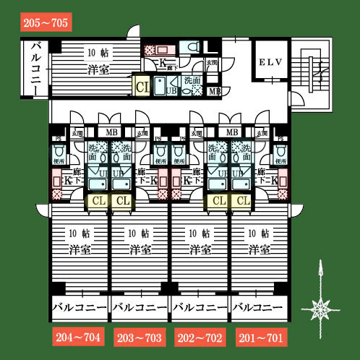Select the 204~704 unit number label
(79, 336)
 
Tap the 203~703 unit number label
(140, 336)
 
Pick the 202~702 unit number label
(200, 336)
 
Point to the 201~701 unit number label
(260, 336)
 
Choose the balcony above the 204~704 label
(79, 308)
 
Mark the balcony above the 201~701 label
(260, 308)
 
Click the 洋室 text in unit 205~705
(98, 70)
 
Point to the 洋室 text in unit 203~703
(140, 249)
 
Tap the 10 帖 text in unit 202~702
(200, 233)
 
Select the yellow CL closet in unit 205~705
(142, 87)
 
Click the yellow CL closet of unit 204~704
(98, 200)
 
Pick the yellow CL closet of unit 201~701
(242, 200)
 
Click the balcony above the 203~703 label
(140, 308)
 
